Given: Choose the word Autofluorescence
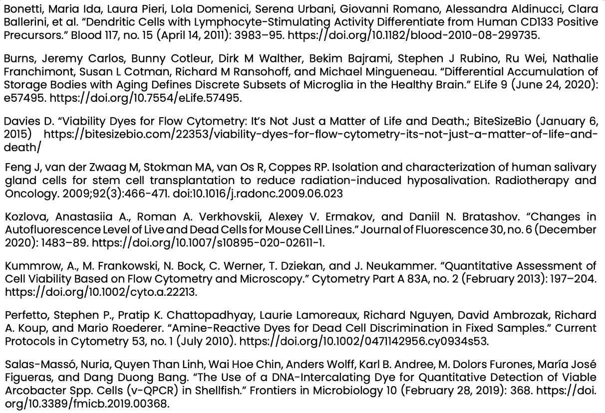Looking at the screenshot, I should [45, 229].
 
